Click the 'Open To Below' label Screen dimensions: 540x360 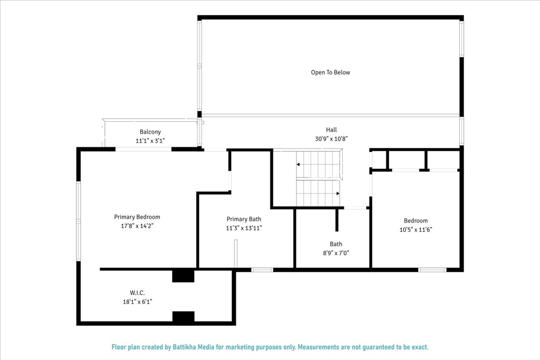coord(330,72)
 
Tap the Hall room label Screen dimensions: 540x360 coord(331,130)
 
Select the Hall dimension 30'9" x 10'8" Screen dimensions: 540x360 coord(331,139)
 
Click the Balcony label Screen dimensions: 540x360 coord(150,132)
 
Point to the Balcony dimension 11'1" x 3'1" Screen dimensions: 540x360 coord(150,140)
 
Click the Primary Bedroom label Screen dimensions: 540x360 coord(137,217)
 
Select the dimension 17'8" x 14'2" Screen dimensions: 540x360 coord(137,226)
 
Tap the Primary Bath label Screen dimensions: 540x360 coord(244,219)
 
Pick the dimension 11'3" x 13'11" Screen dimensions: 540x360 coord(244,228)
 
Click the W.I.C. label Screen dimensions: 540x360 coord(137,293)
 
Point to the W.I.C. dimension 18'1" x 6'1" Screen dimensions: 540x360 coord(138,302)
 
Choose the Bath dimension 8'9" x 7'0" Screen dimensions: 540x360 coord(336,253)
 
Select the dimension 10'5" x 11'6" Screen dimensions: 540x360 coord(416,230)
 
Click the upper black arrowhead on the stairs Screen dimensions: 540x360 coord(298,164)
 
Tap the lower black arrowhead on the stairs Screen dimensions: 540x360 coord(338,193)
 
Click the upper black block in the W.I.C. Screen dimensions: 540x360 coord(183,276)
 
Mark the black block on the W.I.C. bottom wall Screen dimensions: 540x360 coord(183,317)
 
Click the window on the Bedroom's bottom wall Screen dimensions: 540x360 coord(432,270)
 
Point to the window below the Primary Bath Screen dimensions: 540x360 coord(262,270)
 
